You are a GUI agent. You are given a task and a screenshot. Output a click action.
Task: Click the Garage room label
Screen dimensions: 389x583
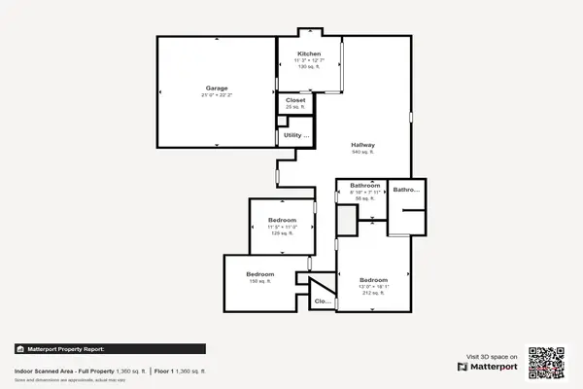click(x=217, y=88)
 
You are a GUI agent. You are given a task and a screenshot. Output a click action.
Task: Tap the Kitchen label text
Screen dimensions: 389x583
click(x=309, y=53)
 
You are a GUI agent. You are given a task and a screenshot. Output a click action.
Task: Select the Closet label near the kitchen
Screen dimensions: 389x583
click(x=295, y=99)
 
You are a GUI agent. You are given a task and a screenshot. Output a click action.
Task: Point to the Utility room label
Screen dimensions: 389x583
click(x=296, y=135)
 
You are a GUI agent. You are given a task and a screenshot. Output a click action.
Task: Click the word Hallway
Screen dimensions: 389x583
click(x=363, y=145)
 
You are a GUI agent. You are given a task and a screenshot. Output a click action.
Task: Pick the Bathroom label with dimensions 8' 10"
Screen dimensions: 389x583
click(x=363, y=185)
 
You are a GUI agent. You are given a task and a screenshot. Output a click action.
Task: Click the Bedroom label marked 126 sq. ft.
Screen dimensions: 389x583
click(x=282, y=221)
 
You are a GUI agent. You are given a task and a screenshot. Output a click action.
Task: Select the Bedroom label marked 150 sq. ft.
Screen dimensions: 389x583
click(x=259, y=273)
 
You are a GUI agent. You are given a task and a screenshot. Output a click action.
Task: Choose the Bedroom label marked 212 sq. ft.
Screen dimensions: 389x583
click(x=374, y=279)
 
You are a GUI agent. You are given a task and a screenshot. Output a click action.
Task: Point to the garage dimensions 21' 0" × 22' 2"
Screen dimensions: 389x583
click(x=217, y=95)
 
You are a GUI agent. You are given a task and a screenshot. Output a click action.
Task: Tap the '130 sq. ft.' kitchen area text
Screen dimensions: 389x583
click(x=309, y=66)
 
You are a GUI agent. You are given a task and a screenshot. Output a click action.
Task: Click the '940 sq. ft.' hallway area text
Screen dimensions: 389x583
click(x=363, y=153)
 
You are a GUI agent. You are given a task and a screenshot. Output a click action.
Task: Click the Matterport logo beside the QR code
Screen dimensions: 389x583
click(x=490, y=368)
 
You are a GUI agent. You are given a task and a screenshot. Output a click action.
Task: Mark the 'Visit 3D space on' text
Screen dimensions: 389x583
click(x=492, y=357)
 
